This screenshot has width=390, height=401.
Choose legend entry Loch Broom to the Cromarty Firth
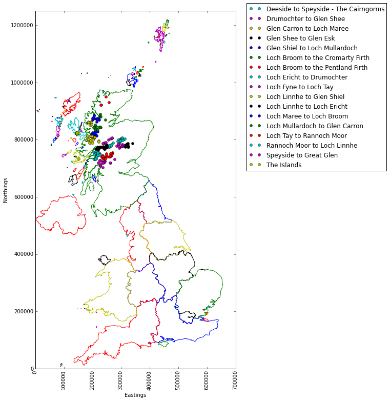(x=318, y=58)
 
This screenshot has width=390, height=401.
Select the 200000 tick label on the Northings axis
(x=23, y=311)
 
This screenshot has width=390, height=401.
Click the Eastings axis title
(x=135, y=395)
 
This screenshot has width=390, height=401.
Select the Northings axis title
(x=6, y=190)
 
